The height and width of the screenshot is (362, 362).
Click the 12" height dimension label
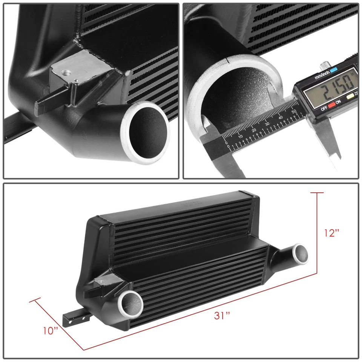pyautogui.click(x=331, y=233)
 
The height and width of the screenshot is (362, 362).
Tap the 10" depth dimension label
pyautogui.click(x=51, y=330)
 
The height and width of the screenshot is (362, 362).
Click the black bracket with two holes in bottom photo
pyautogui.click(x=74, y=316)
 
